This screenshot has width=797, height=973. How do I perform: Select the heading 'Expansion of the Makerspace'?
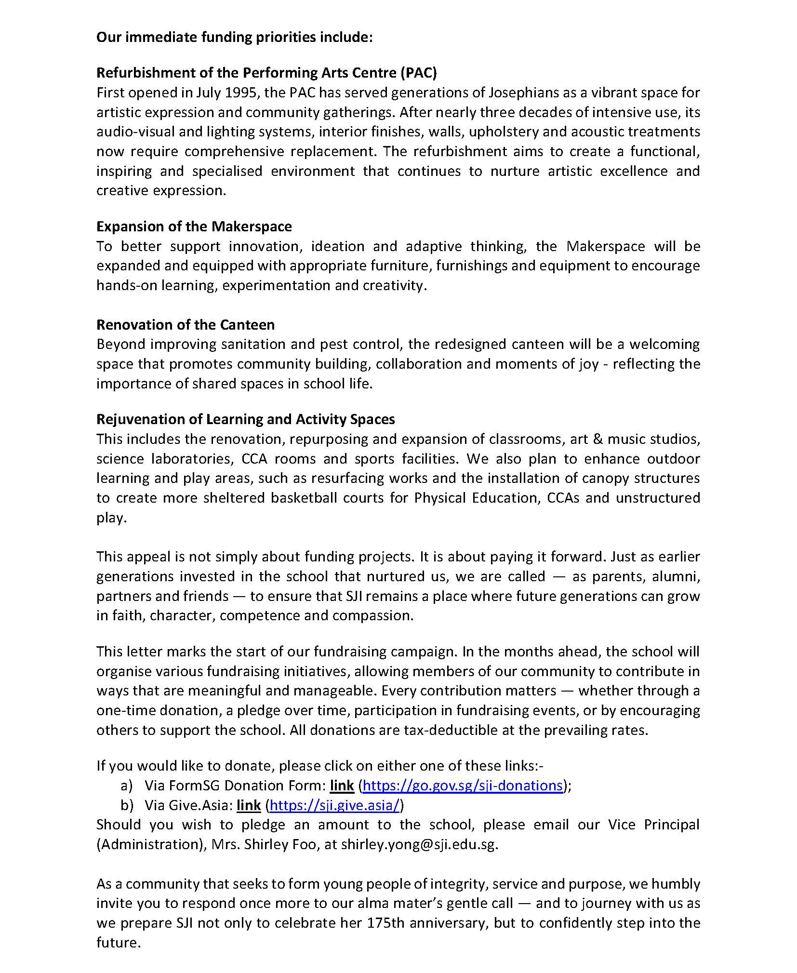click(x=194, y=227)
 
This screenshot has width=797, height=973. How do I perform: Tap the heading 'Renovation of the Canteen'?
click(x=186, y=324)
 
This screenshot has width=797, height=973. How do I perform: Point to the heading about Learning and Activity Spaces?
click(x=245, y=419)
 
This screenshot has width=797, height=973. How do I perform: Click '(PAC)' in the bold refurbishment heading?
click(x=418, y=72)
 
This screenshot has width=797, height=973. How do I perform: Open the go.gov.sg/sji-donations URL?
click(x=463, y=785)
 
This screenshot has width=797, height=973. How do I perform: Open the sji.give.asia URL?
click(x=335, y=805)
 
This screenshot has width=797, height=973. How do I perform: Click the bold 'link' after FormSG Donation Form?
click(x=342, y=785)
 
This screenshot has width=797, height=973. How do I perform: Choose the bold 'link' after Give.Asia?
click(x=249, y=805)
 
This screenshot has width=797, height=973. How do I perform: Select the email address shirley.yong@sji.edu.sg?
click(x=419, y=844)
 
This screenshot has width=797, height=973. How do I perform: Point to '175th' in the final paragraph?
click(x=385, y=922)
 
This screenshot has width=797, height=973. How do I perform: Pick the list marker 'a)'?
click(x=127, y=785)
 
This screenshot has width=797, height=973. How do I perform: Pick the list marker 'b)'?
click(x=127, y=805)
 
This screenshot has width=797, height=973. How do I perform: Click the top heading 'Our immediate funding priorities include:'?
click(x=234, y=37)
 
